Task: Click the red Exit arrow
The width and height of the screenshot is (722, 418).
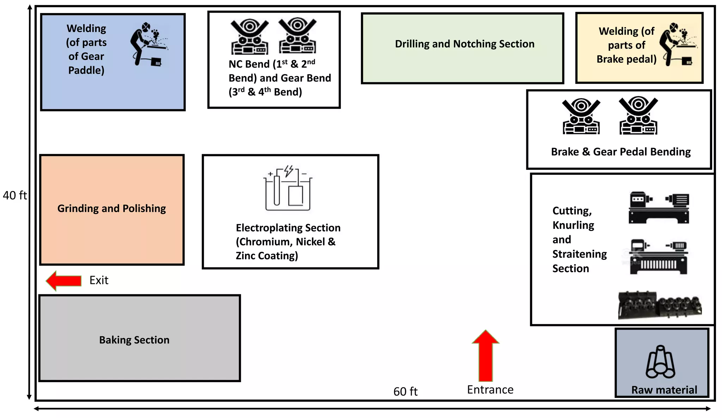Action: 63,281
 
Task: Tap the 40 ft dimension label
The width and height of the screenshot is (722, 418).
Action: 14,195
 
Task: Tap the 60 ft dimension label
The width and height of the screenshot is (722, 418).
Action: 405,392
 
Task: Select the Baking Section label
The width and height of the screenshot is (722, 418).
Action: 134,340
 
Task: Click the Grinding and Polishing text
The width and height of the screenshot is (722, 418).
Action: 111,208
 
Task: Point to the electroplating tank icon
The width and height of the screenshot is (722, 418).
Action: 288,188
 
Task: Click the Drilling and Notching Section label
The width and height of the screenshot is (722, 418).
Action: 464,44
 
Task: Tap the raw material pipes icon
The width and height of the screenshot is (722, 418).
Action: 660,362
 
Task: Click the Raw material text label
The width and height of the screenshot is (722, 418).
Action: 664,390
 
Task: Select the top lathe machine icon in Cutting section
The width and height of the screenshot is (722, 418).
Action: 659,208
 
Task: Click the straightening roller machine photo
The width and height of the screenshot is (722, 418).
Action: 660,305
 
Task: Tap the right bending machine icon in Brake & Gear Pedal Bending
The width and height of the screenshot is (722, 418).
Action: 638,116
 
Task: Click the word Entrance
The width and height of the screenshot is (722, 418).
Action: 490,390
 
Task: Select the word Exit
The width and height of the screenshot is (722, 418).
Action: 99,280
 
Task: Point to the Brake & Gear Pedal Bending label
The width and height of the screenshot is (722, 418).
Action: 620,152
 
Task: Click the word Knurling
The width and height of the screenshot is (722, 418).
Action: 573,225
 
